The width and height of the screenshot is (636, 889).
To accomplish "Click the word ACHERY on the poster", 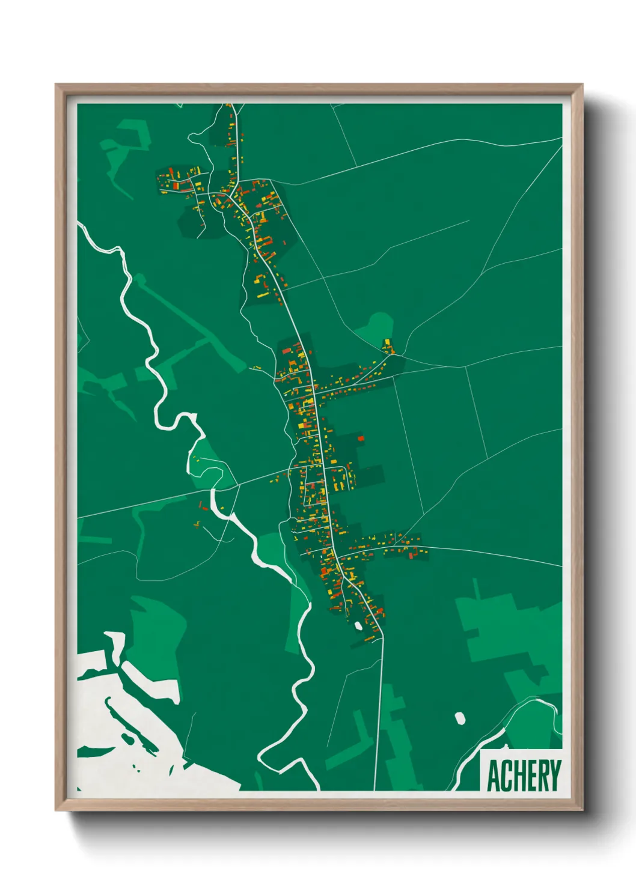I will (x=524, y=775).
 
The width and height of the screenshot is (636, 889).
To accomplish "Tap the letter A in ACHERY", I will (x=494, y=776).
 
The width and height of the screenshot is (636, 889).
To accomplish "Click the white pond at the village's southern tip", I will (x=358, y=626).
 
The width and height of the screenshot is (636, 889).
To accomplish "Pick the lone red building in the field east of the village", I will (x=361, y=438).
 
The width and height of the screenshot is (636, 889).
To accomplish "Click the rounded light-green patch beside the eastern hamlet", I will (x=377, y=327).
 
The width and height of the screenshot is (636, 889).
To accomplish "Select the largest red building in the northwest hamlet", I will (x=176, y=186).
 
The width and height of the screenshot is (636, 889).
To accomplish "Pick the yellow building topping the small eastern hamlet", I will (x=387, y=342).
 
